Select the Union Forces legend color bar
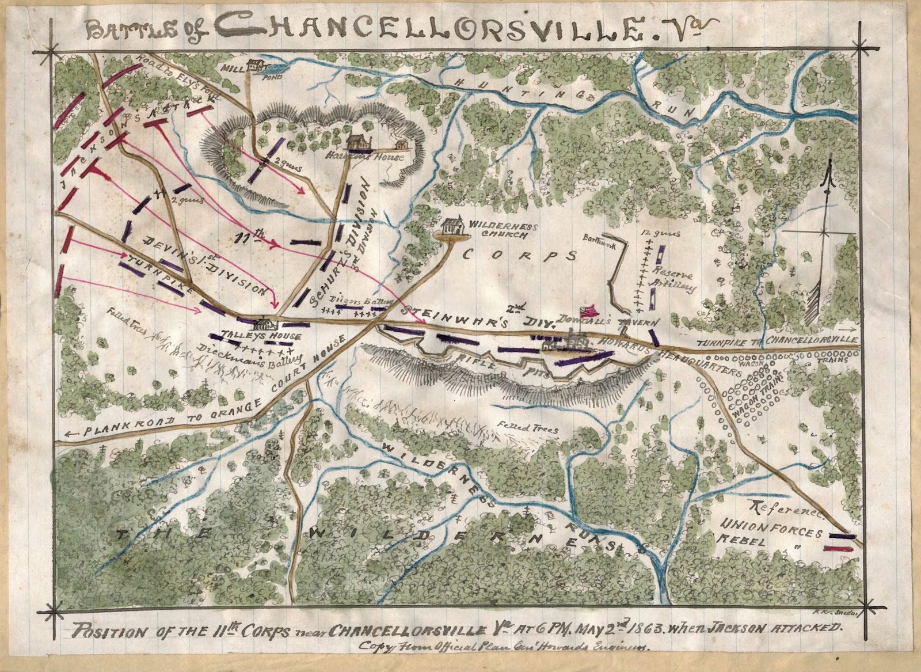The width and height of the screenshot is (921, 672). [843, 536]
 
